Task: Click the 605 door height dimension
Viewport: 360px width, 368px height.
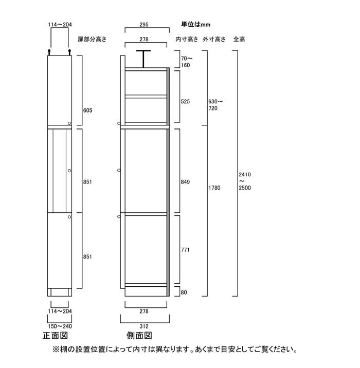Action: [87, 111]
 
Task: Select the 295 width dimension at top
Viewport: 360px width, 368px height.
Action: [144, 24]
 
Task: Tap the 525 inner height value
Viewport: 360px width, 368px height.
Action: [185, 102]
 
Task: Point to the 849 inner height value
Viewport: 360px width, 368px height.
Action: [185, 182]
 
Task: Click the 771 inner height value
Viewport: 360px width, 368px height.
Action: [185, 250]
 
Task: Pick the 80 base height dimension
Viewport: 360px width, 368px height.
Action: [184, 292]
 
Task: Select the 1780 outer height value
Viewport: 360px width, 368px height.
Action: [214, 188]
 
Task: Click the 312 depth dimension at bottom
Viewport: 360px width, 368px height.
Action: [144, 326]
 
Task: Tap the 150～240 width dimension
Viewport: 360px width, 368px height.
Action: [60, 326]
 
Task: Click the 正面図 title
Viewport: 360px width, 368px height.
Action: [56, 336]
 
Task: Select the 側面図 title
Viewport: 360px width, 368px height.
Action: [139, 336]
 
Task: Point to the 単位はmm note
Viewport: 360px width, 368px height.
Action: [195, 24]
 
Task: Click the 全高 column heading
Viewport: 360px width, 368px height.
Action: [239, 39]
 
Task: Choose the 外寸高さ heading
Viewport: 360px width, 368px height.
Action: [214, 39]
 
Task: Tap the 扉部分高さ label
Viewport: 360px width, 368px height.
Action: [92, 39]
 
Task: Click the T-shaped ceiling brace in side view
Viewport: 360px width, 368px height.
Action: [143, 59]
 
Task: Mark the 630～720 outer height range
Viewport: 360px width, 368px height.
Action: [215, 105]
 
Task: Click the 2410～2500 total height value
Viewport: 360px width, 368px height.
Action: [245, 181]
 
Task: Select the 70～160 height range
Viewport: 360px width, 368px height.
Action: [187, 62]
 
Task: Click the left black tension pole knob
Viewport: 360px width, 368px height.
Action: [49, 51]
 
